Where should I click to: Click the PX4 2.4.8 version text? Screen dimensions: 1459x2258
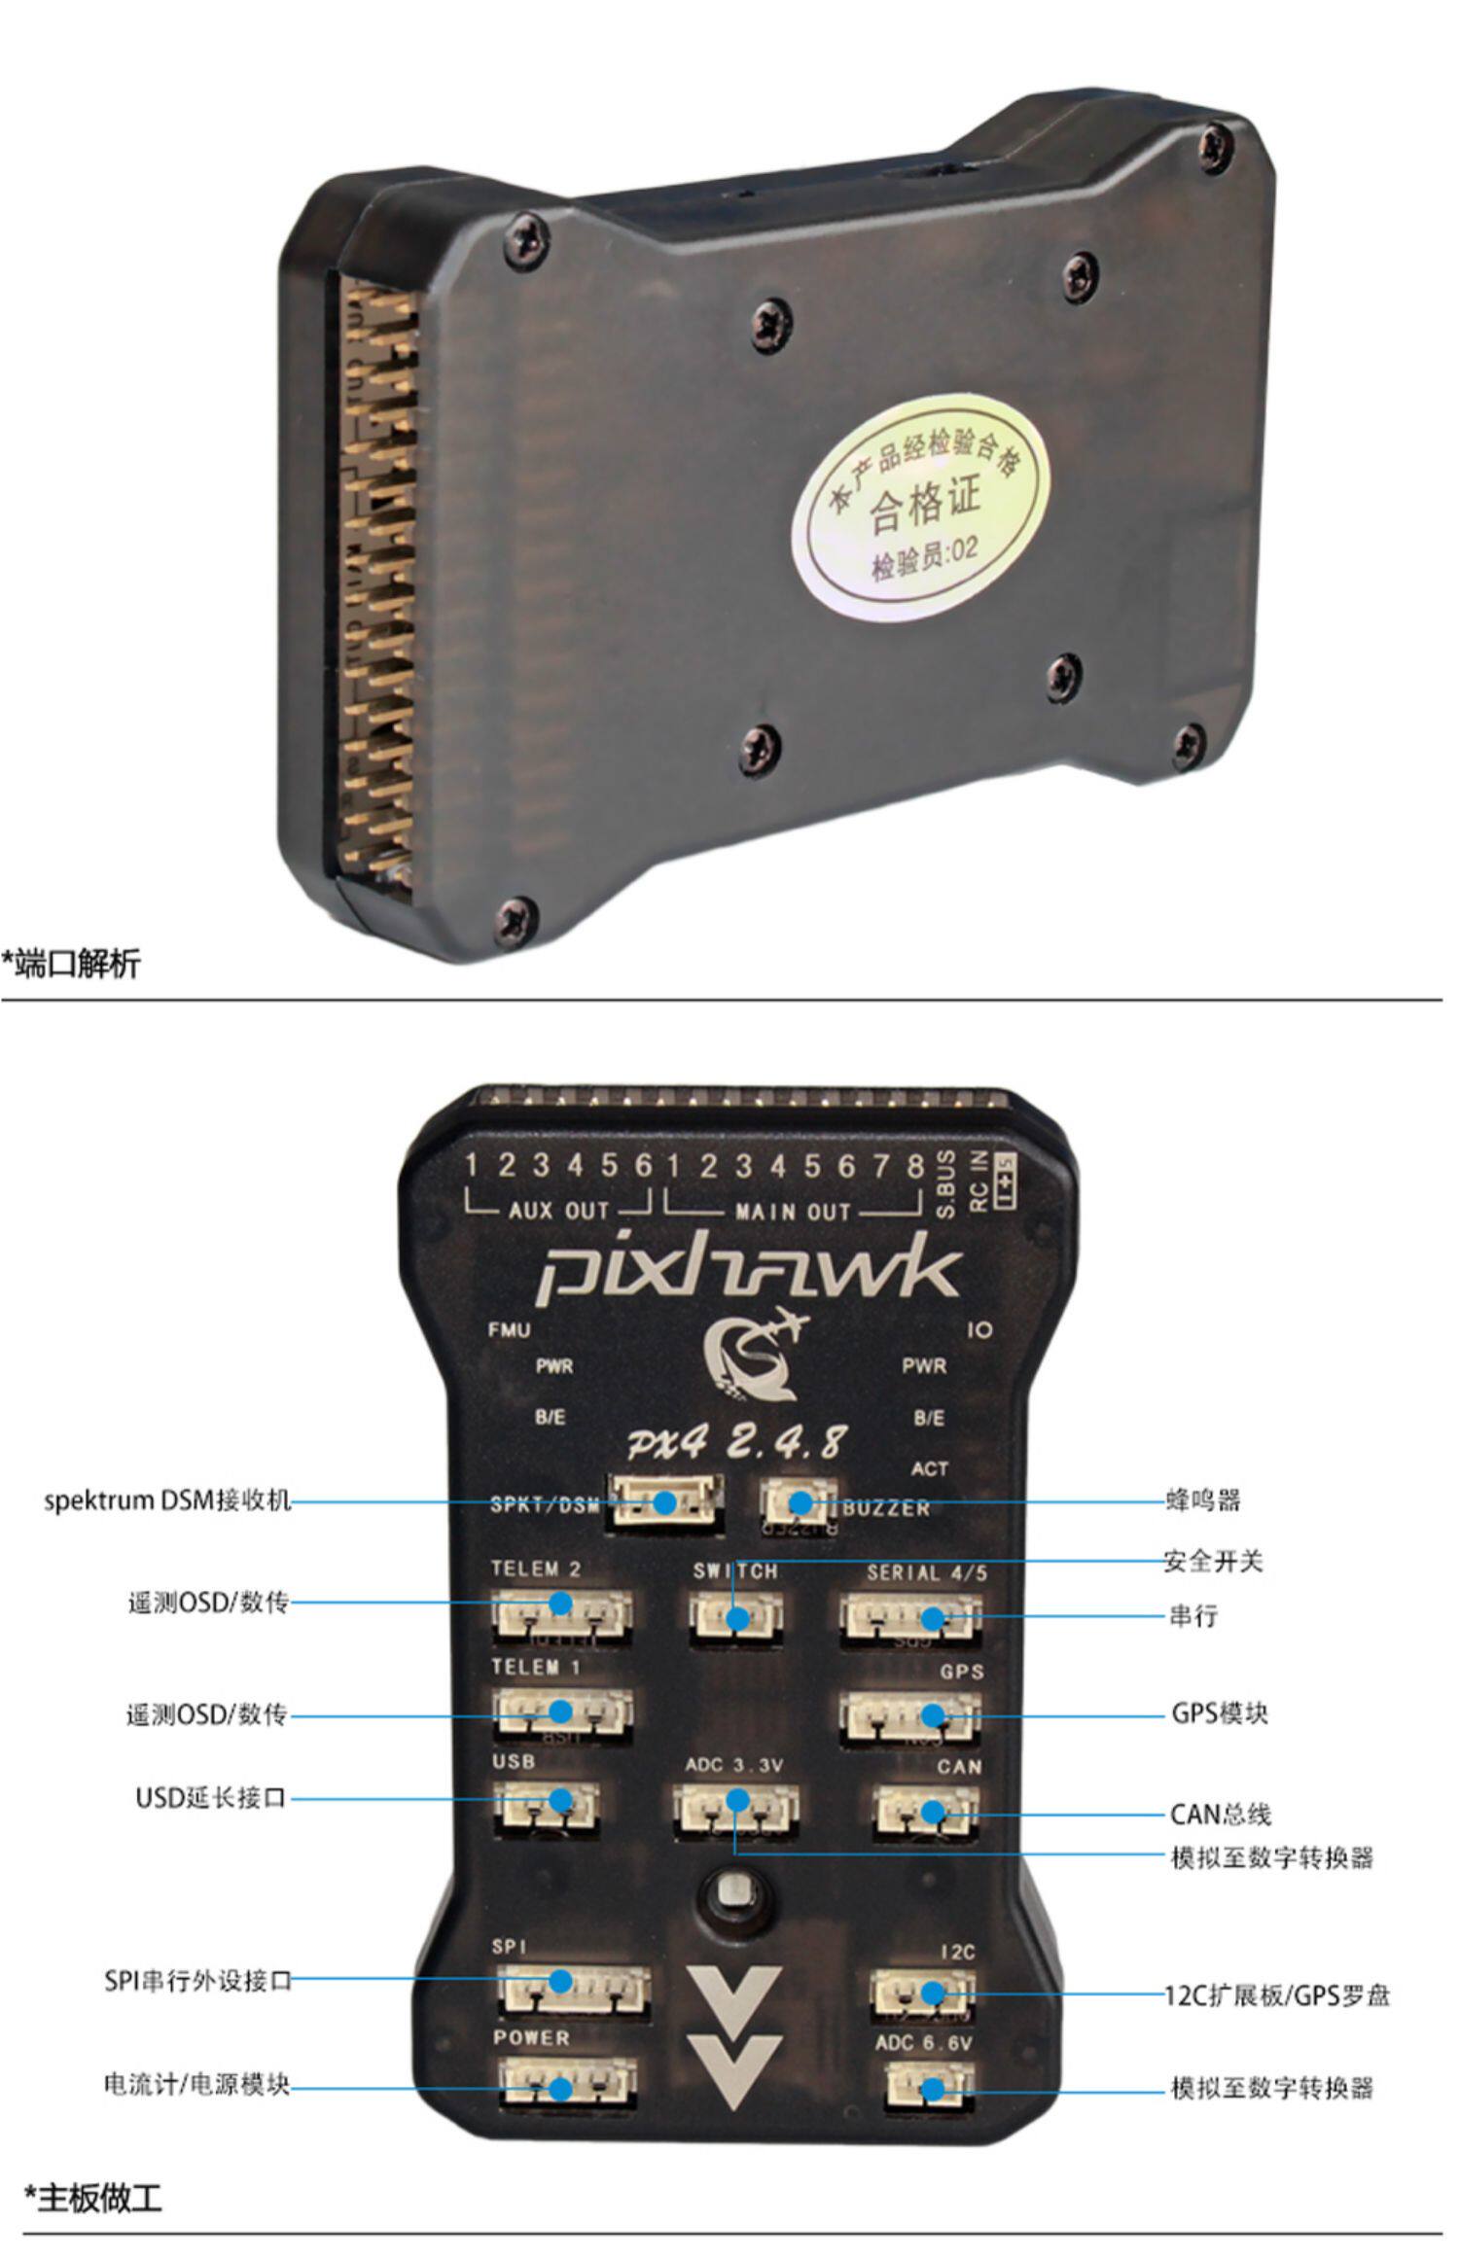click(x=735, y=1443)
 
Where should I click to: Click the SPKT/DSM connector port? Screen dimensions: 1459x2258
click(x=664, y=1504)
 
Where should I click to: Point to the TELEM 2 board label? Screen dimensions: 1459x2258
click(x=535, y=1569)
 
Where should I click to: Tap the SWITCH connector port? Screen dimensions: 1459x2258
click(x=735, y=1618)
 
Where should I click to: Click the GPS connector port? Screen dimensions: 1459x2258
click(x=909, y=1718)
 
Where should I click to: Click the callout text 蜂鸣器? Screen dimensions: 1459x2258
click(x=1203, y=1500)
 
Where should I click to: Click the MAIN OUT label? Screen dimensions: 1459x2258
click(x=793, y=1212)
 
